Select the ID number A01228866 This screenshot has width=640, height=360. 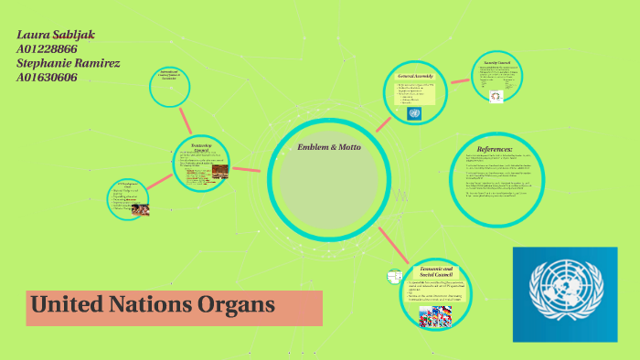point(47,49)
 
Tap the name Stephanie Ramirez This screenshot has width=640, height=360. point(68,63)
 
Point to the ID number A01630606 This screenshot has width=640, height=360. point(47,78)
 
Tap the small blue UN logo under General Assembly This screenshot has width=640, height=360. point(414,113)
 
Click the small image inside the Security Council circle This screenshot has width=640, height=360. point(496,96)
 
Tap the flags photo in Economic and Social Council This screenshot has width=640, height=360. point(437,315)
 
